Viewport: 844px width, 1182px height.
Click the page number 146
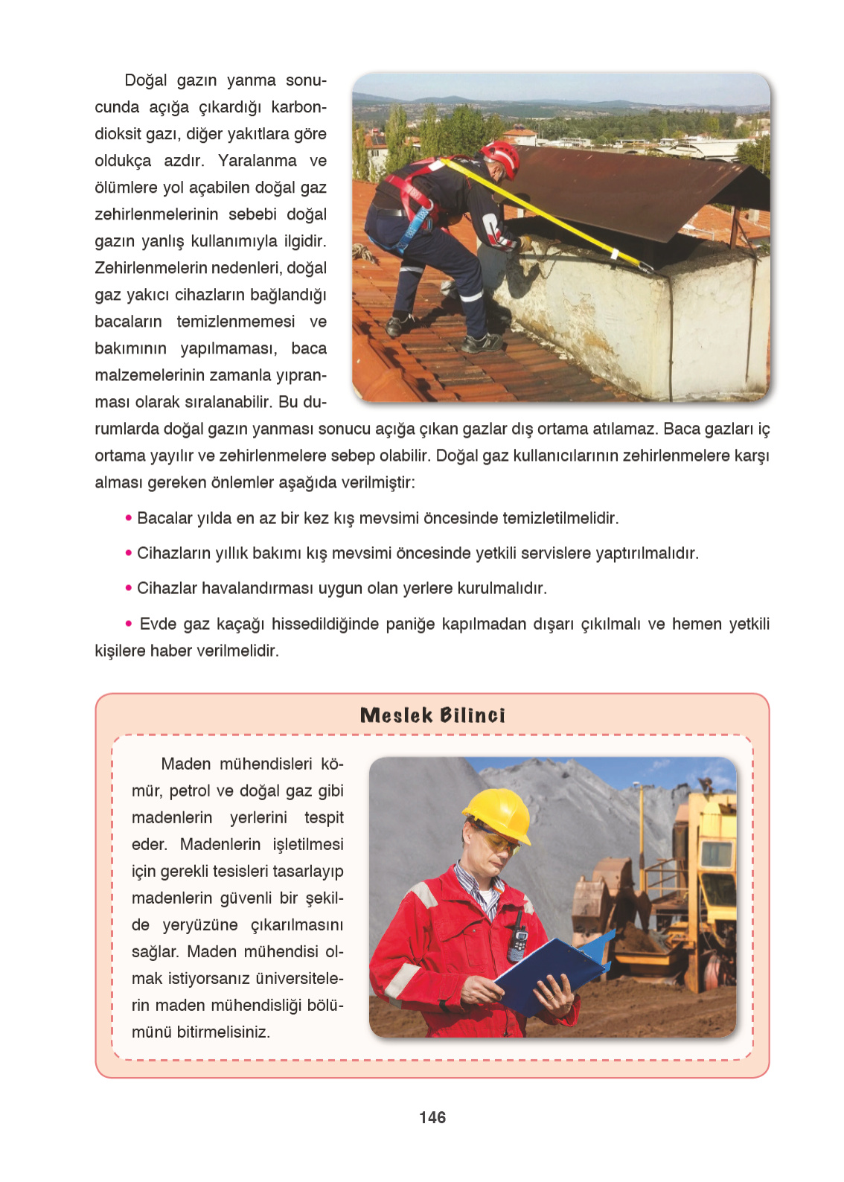coord(432,1117)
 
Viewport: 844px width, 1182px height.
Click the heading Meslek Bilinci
coord(432,715)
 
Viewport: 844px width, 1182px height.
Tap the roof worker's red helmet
coord(502,156)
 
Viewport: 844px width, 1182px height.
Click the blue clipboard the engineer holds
coord(551,971)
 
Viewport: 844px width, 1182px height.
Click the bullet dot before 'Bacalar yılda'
coord(129,517)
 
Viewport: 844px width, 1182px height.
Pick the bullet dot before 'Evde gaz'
coord(129,623)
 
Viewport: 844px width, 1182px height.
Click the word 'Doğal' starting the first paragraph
coord(146,80)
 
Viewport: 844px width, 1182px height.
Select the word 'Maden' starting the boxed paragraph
coord(185,764)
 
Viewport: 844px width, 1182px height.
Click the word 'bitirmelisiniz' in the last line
coord(223,1032)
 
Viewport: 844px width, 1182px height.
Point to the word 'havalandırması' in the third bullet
coord(257,589)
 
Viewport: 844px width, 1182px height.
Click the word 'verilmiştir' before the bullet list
coord(377,482)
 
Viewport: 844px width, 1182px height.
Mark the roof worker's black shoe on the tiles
coord(482,343)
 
